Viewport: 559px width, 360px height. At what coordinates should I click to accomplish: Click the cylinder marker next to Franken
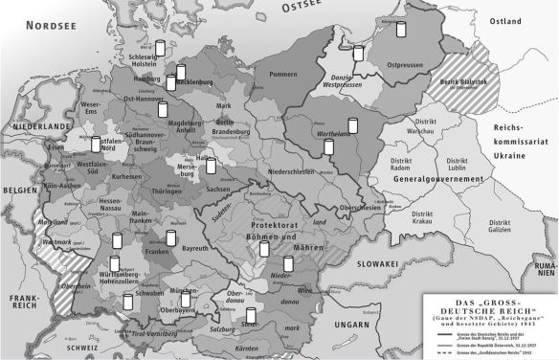[171, 237]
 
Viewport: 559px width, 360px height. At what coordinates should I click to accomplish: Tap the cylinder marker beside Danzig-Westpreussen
[358, 54]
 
